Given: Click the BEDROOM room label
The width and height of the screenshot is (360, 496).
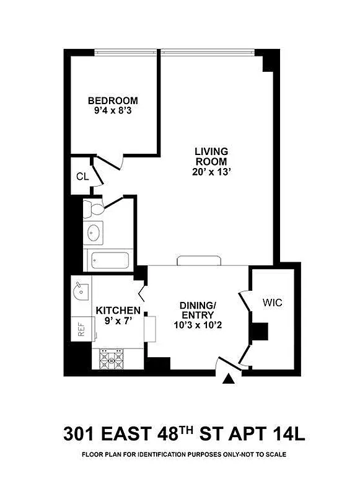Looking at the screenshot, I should click(x=113, y=100).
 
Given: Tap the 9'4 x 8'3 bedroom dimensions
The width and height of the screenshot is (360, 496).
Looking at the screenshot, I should click(x=113, y=112).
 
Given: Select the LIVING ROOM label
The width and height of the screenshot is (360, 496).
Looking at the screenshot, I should click(x=211, y=156).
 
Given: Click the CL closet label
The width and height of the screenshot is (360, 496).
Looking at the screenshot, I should click(x=82, y=176).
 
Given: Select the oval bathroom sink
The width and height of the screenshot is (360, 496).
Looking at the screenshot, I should click(x=94, y=233).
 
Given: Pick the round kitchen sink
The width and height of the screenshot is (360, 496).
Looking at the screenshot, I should click(x=79, y=290).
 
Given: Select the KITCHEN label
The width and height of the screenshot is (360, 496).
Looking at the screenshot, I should click(x=118, y=311).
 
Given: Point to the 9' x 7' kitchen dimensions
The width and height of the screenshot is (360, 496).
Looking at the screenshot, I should click(x=117, y=322).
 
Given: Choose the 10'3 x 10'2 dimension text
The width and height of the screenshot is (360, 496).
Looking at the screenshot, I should click(x=198, y=322).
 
